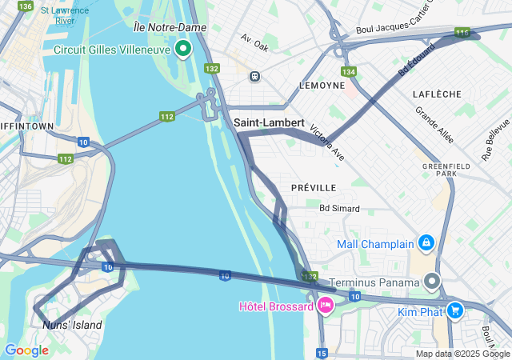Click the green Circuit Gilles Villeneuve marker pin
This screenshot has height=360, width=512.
(x=183, y=50)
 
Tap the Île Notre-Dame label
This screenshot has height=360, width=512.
(x=170, y=27)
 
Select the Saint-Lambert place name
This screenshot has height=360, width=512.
(x=270, y=123)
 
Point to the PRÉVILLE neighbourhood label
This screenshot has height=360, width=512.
(x=314, y=187)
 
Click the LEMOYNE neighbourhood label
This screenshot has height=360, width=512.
(x=321, y=85)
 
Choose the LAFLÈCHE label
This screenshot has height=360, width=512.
(x=437, y=94)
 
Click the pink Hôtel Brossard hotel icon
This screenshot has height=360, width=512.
(x=326, y=305)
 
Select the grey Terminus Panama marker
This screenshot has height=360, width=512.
(x=433, y=282)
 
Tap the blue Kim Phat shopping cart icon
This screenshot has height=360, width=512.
(x=454, y=310)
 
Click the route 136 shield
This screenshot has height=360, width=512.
(x=26, y=6)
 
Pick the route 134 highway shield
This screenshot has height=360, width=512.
(x=347, y=72)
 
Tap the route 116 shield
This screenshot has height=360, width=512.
(x=462, y=33)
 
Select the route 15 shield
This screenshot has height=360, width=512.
(x=322, y=353)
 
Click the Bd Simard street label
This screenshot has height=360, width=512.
(x=339, y=208)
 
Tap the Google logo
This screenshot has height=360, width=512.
(x=26, y=350)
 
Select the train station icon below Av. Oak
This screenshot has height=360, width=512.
(x=254, y=76)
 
